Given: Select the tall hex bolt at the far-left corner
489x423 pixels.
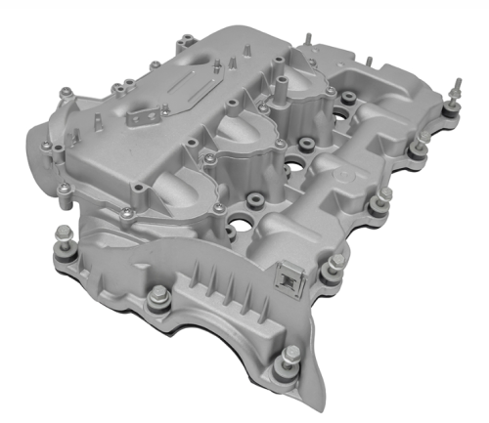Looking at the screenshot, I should (x=63, y=237).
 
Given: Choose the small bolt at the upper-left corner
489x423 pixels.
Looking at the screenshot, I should (x=66, y=94).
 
